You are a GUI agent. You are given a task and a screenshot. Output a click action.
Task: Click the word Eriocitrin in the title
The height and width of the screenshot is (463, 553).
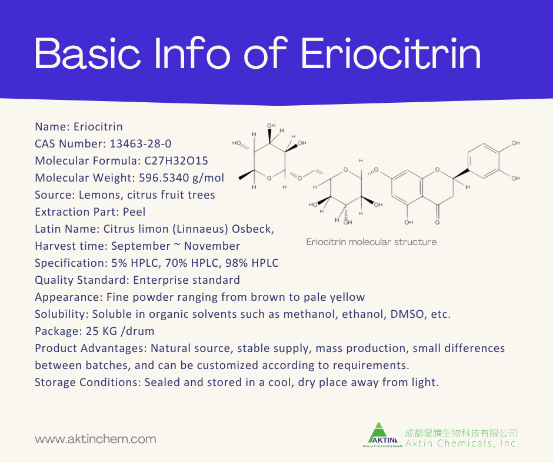(x=391, y=55)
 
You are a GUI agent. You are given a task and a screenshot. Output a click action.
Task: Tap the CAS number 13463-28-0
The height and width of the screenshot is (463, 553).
(x=130, y=144)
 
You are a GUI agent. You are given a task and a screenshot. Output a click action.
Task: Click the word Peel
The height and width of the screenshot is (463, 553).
(x=134, y=212)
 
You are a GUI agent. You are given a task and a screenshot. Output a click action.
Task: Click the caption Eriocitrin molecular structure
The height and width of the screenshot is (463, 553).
(x=371, y=242)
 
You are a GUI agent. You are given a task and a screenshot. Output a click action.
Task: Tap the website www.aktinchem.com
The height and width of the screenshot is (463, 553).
(x=95, y=439)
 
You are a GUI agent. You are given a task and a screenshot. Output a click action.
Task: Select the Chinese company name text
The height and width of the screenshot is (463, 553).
(x=461, y=433)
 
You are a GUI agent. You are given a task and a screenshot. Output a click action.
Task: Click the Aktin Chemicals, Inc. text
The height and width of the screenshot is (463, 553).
(x=462, y=444)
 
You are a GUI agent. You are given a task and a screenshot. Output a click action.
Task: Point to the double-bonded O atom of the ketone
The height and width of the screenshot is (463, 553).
(x=437, y=223)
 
